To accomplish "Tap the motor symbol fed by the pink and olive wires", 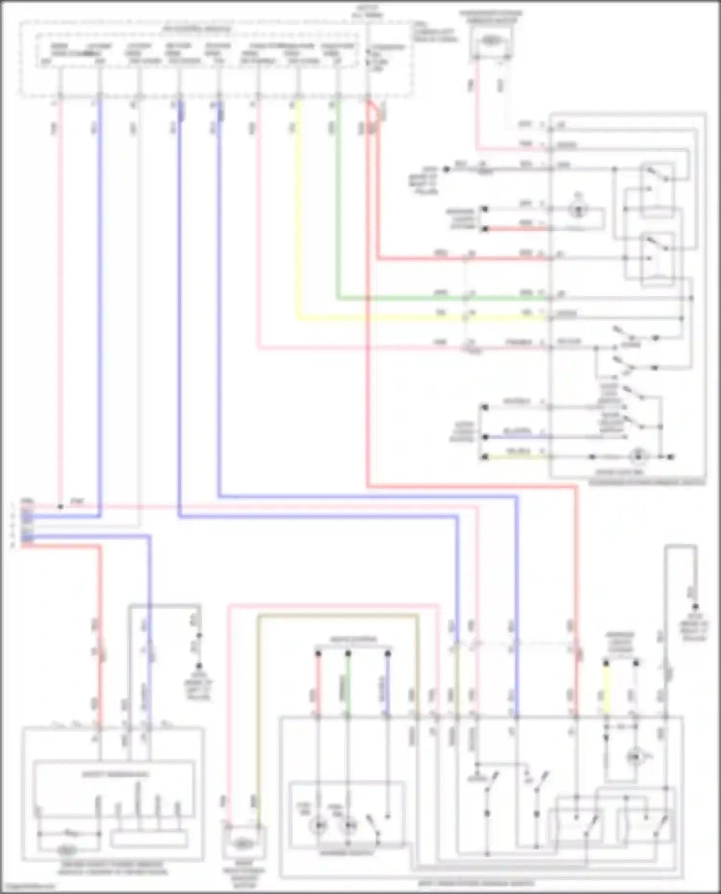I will coord(244,844).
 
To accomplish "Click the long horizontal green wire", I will coord(442,298).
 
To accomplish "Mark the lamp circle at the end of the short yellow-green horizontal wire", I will coord(638,455).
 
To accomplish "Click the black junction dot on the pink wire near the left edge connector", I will coord(60,506).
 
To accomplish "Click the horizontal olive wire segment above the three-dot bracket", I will coord(336,615).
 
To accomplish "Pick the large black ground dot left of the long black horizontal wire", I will coord(446,169).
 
